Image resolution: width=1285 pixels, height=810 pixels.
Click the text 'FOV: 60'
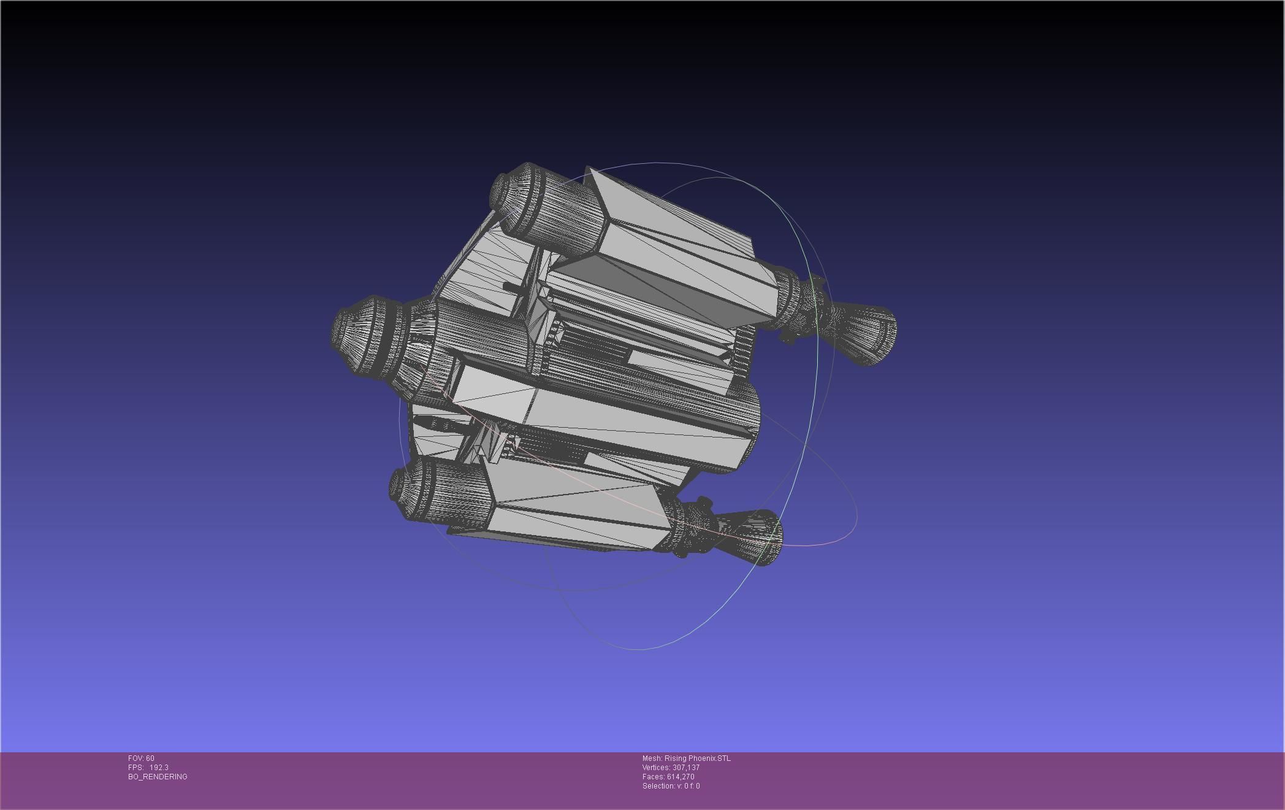(141, 758)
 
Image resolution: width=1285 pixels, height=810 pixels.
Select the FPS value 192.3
(159, 768)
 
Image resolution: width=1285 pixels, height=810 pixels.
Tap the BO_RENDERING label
(158, 777)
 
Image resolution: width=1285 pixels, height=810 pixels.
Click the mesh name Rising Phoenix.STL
(698, 758)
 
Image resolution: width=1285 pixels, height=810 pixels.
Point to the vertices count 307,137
(686, 768)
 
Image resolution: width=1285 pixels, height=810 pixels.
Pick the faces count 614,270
(681, 777)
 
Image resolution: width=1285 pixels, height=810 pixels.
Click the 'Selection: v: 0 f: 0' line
(671, 786)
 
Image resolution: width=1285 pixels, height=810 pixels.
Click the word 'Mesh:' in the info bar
(652, 758)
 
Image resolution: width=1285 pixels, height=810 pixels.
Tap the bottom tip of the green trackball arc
(638, 649)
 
